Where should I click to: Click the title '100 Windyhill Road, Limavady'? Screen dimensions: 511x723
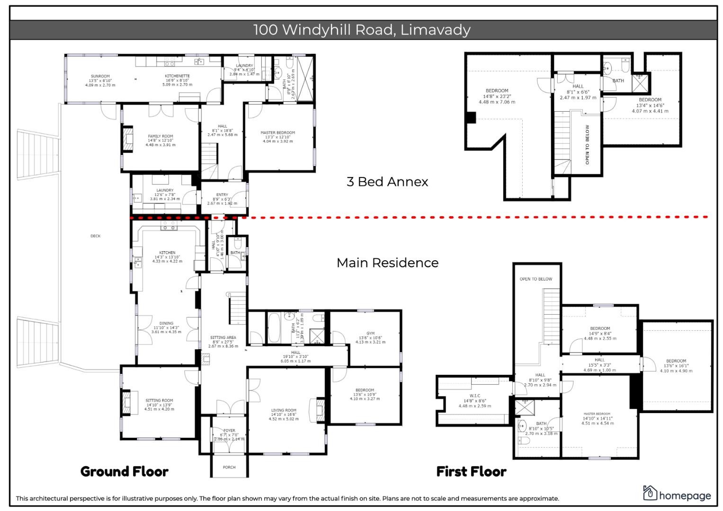[362, 30]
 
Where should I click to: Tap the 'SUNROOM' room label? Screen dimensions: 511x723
[100, 76]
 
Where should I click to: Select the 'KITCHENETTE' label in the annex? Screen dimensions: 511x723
[178, 76]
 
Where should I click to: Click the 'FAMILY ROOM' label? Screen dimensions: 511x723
[161, 136]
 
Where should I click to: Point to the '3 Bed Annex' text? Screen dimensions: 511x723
[387, 182]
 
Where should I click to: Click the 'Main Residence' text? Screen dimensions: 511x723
[387, 263]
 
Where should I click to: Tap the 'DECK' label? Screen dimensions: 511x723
[95, 236]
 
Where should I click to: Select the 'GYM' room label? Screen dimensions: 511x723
[370, 334]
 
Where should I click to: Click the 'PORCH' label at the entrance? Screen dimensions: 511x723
[229, 467]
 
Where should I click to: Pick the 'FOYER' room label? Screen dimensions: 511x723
[229, 431]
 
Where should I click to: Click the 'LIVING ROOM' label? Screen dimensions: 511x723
[284, 411]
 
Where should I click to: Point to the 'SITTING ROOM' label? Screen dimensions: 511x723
[159, 401]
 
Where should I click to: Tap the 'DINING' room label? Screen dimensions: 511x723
[166, 324]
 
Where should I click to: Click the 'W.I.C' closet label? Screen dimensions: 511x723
[474, 396]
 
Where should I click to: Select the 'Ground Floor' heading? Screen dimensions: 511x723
[124, 472]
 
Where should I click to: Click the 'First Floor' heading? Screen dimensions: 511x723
[471, 472]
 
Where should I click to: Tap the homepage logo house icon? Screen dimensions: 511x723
[650, 493]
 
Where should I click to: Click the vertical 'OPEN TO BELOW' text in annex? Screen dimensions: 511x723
[588, 144]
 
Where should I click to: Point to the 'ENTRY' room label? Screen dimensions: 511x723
[222, 195]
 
